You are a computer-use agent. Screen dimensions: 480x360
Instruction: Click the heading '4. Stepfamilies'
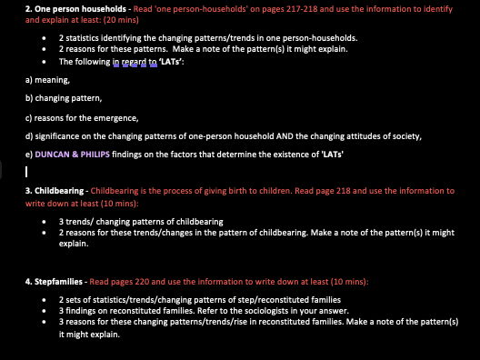(x=30, y=282)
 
